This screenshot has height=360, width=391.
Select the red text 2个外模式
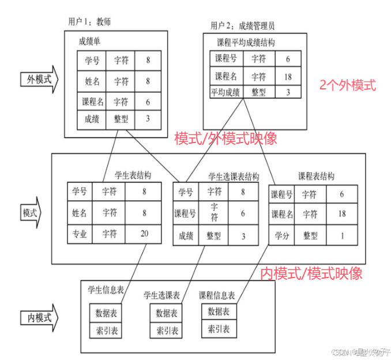347,85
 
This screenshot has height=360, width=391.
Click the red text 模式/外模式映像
225,138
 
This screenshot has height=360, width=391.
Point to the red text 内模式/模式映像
311,273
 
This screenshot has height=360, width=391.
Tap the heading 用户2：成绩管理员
242,25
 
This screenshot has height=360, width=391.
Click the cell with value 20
144,234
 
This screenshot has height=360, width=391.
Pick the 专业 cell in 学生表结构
80,234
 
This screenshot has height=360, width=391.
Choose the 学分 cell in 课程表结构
283,235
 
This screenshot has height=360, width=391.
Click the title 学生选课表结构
233,176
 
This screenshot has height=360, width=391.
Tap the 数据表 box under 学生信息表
107,313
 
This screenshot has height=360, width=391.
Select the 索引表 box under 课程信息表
219,329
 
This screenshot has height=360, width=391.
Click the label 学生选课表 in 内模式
161,295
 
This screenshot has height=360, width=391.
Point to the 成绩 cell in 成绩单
92,119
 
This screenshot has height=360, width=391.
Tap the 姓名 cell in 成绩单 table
92,81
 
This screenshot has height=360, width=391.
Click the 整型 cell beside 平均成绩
258,92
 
